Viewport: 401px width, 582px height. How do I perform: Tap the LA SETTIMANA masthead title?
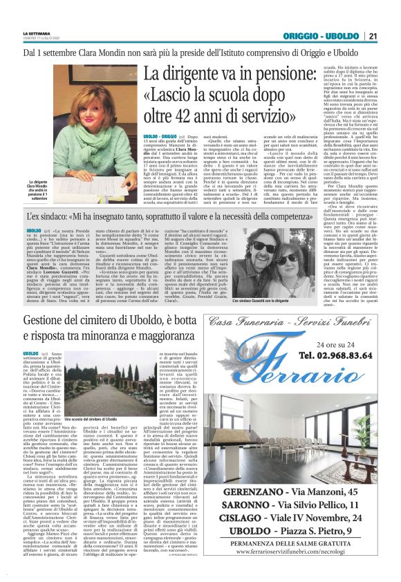37,32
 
